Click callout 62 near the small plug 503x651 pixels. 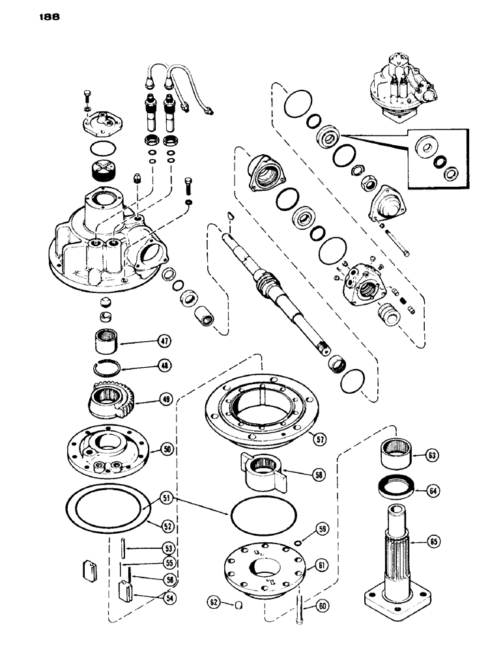[x=212, y=600]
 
